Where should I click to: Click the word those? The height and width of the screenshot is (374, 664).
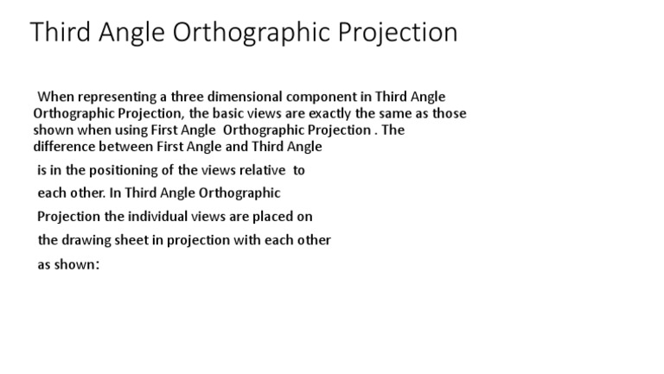pos(449,113)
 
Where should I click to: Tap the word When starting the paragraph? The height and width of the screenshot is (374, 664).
pos(57,97)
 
